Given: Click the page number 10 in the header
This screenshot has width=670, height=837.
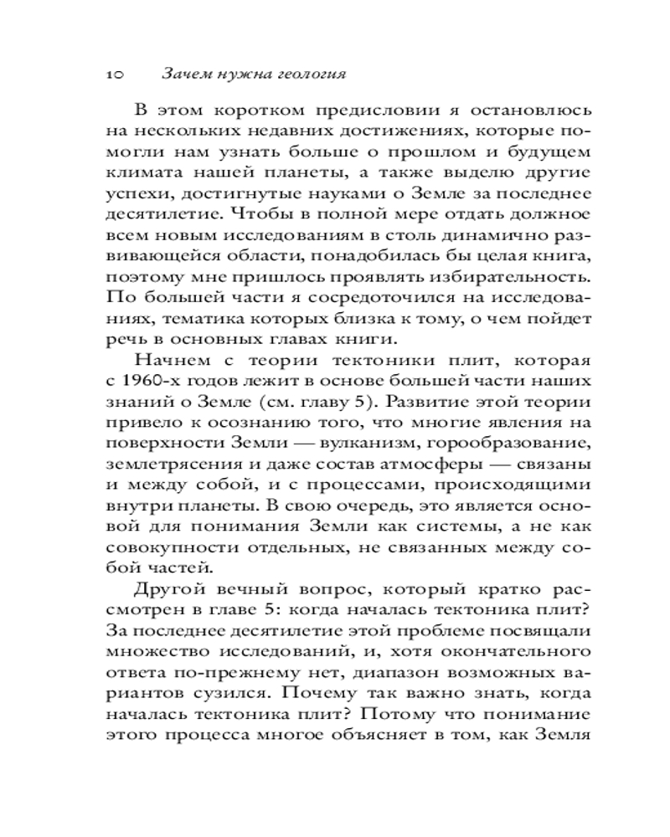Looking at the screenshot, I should pos(116,74).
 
